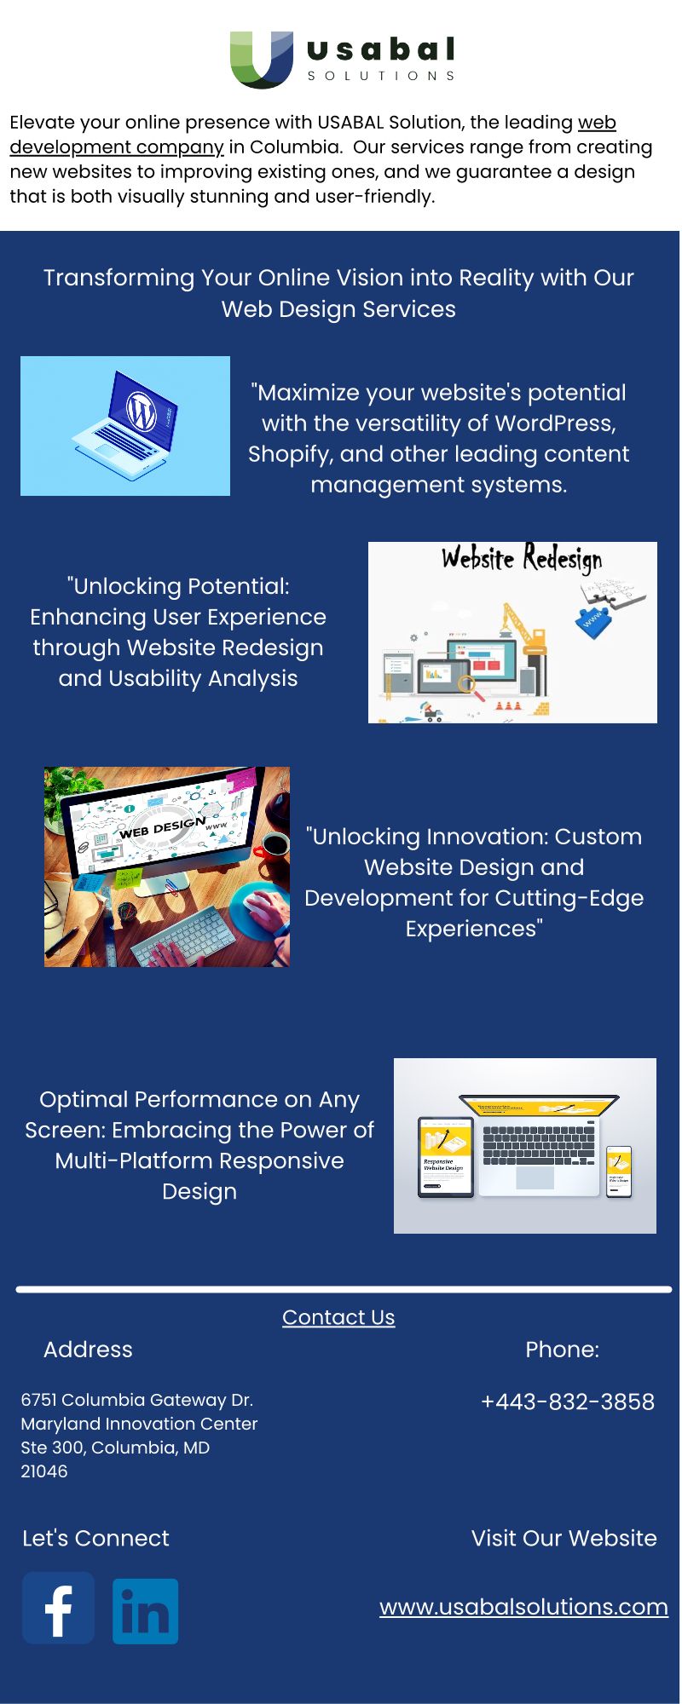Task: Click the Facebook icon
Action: coord(58,1607)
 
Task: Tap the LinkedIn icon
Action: coord(146,1611)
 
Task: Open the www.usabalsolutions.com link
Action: coord(523,1607)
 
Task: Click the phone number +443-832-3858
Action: coord(568,1402)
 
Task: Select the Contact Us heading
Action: coord(338,1317)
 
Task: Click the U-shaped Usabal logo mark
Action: coord(262,60)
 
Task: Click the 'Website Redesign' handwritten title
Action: coord(522,559)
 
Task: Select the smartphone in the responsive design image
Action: coord(619,1171)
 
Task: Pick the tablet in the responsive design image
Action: coord(445,1156)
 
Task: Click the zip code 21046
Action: coord(44,1471)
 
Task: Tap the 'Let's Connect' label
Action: coord(95,1538)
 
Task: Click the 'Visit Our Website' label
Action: coord(564,1538)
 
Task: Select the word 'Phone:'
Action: coord(563,1350)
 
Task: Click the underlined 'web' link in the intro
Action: coord(597,123)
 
